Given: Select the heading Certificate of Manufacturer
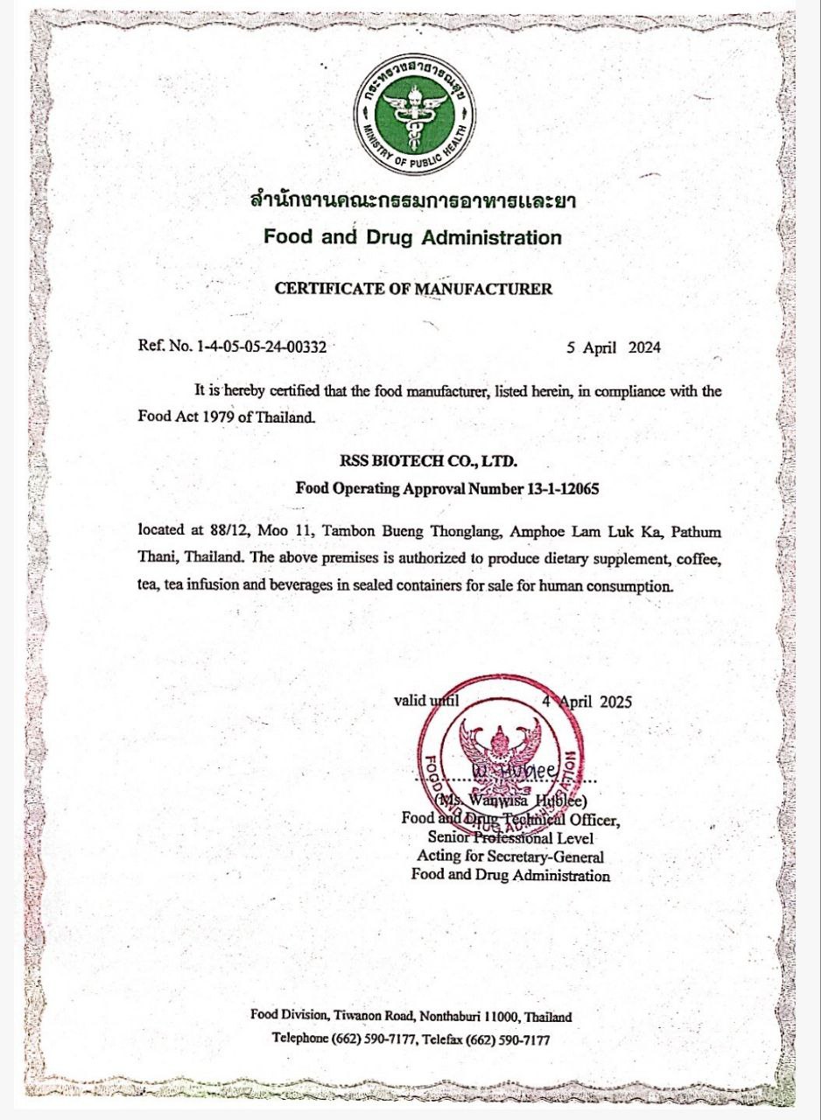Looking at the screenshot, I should (413, 289).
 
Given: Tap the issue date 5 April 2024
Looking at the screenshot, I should (614, 346).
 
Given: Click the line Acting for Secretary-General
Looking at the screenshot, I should (510, 857).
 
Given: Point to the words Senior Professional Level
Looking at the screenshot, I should (510, 837).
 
